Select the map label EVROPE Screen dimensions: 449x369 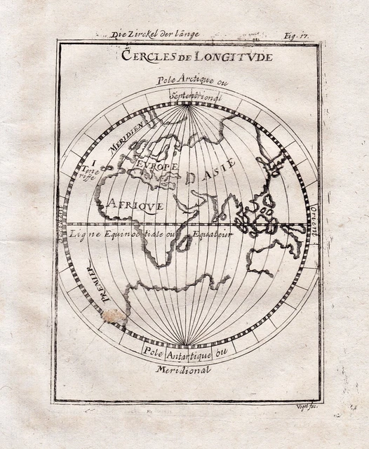click(x=159, y=169)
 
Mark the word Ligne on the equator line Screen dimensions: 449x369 click(x=83, y=234)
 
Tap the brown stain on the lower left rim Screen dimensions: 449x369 click(x=115, y=317)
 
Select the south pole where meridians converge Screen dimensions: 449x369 click(x=185, y=345)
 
